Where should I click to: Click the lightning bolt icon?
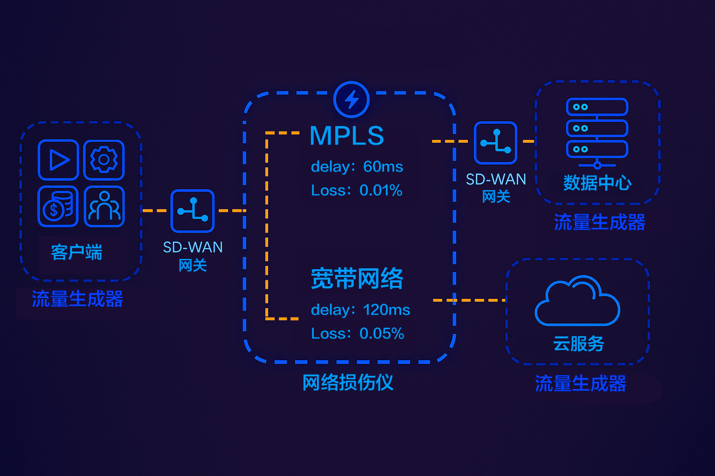(351, 99)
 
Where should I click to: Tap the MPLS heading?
(347, 136)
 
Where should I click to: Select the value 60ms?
(383, 166)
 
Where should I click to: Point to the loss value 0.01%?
(381, 190)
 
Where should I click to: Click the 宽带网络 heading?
(357, 278)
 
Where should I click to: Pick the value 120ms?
(386, 310)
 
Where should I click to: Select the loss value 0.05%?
(382, 333)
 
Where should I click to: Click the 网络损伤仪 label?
(348, 383)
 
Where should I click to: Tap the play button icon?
(58, 160)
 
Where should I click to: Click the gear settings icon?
(104, 160)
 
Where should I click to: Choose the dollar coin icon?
(58, 206)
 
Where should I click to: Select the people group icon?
(104, 206)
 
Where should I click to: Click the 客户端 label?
(76, 252)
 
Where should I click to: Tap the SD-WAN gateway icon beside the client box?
(192, 211)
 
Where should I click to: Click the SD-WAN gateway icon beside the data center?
(495, 143)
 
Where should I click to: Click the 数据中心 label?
(597, 183)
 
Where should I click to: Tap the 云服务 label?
(578, 344)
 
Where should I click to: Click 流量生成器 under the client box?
(77, 299)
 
